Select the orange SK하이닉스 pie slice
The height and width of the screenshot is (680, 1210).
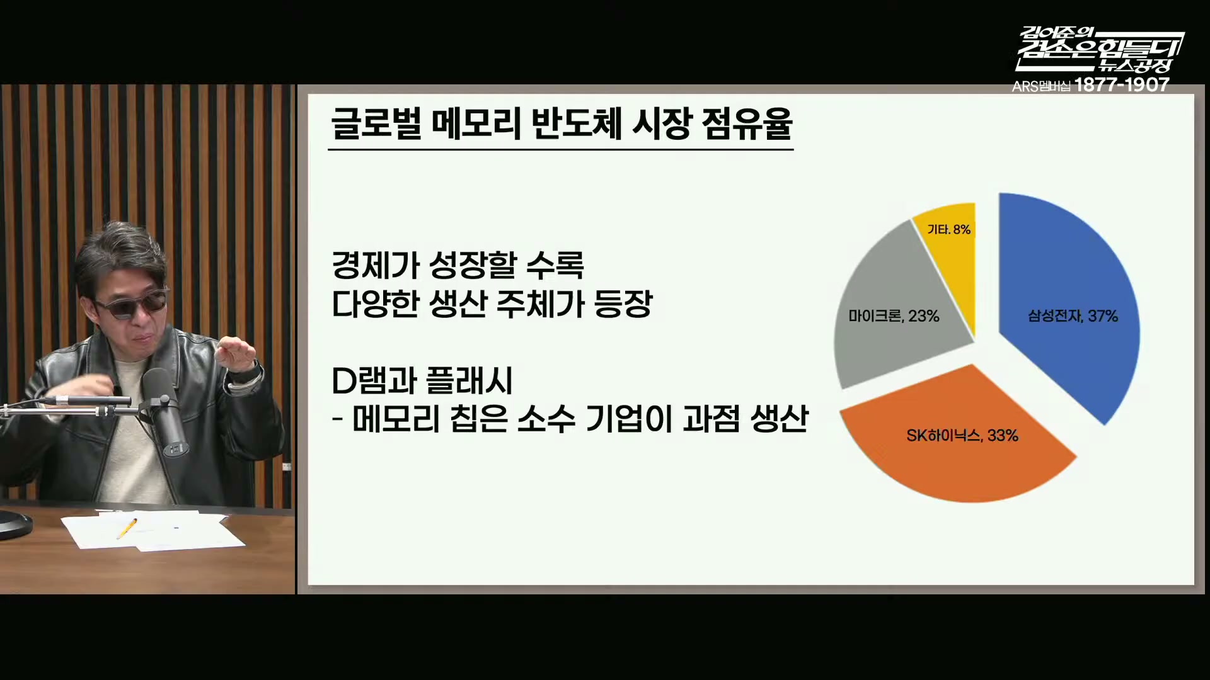pos(958,441)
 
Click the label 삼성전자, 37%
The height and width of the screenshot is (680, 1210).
pos(1073,315)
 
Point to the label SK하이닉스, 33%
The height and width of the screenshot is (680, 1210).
pos(962,435)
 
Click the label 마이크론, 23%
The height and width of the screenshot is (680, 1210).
pos(894,315)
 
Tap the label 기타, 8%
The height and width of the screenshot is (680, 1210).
pos(948,229)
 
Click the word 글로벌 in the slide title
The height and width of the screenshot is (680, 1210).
pos(376,123)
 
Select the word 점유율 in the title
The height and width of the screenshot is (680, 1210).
pos(747,123)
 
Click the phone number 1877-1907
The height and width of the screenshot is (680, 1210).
pos(1122,85)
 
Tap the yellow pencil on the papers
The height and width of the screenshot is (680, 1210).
pos(127,528)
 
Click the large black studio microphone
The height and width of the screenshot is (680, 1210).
pos(165,412)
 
